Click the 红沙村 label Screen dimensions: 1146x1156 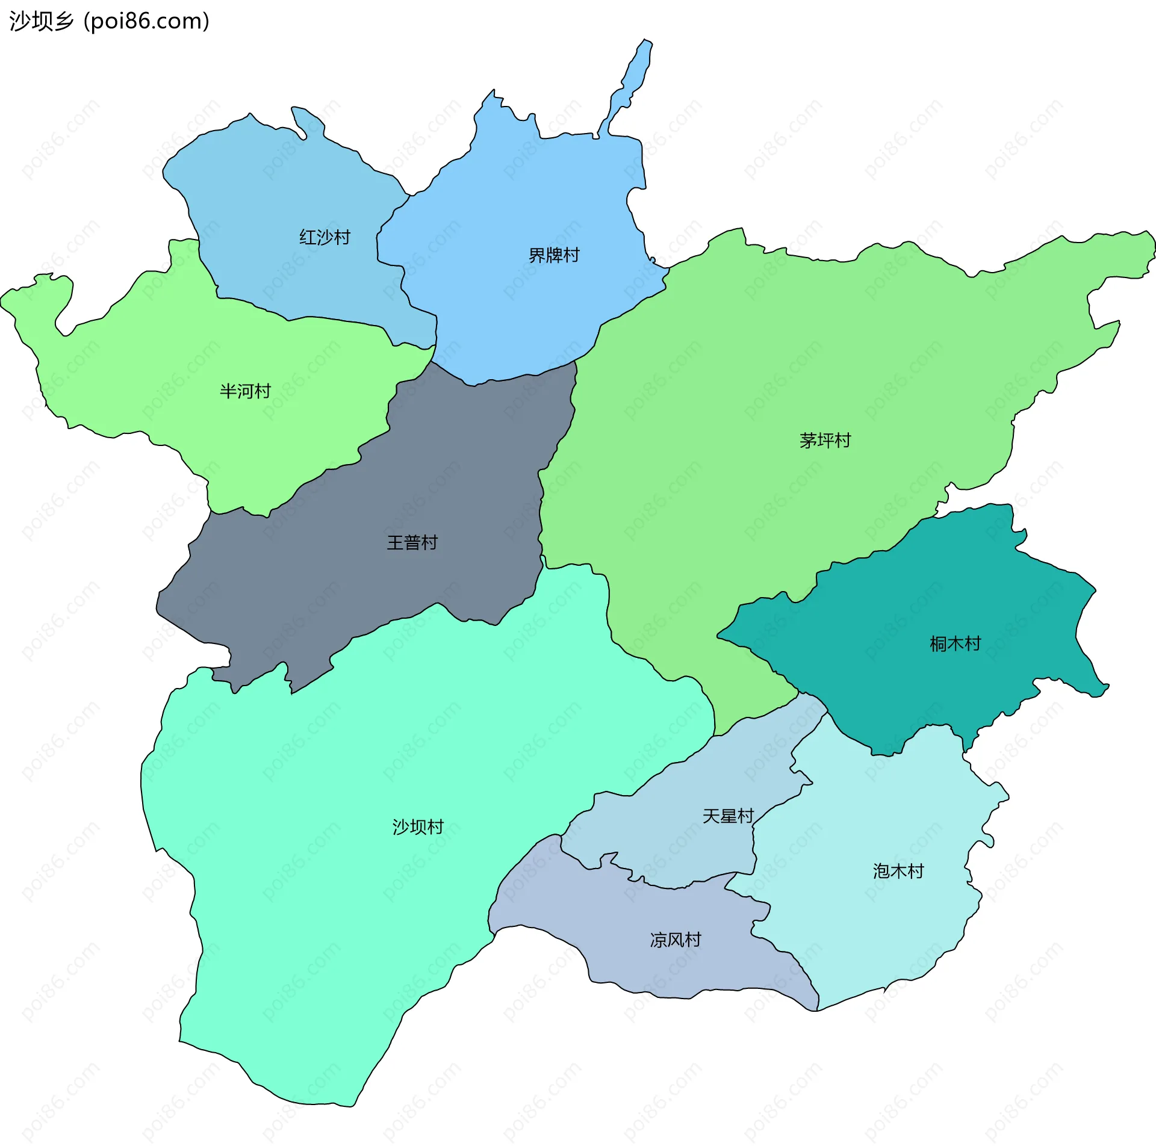pyautogui.click(x=325, y=237)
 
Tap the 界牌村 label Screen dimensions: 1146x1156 pyautogui.click(x=553, y=255)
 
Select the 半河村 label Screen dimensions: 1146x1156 pyautogui.click(x=245, y=391)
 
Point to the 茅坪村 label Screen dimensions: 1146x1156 pyautogui.click(x=825, y=441)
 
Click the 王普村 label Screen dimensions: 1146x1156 pyautogui.click(x=412, y=543)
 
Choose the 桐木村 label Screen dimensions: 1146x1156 pyautogui.click(x=955, y=644)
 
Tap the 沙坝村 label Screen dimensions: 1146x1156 pyautogui.click(x=418, y=827)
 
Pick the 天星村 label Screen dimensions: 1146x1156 pyautogui.click(x=728, y=816)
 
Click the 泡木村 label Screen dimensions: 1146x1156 pyautogui.click(x=898, y=871)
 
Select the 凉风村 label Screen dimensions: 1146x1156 pyautogui.click(x=676, y=940)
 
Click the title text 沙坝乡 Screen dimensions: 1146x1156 pyautogui.click(x=41, y=21)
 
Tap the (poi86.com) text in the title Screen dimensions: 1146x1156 pyautogui.click(x=146, y=21)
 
